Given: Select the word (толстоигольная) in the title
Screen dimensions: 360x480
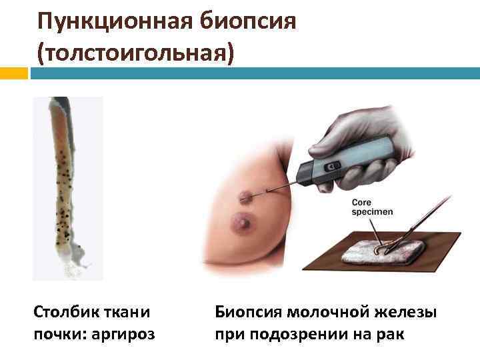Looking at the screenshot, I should pyautogui.click(x=137, y=53).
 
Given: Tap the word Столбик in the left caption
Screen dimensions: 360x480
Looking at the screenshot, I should pyautogui.click(x=63, y=311).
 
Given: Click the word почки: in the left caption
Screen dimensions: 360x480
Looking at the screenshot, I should pyautogui.click(x=59, y=333).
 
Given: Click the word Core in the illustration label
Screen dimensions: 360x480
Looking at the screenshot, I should pyautogui.click(x=365, y=201).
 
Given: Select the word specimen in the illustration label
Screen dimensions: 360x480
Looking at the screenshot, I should pyautogui.click(x=373, y=211).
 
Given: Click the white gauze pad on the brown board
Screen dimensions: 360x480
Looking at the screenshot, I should pyautogui.click(x=383, y=253).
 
